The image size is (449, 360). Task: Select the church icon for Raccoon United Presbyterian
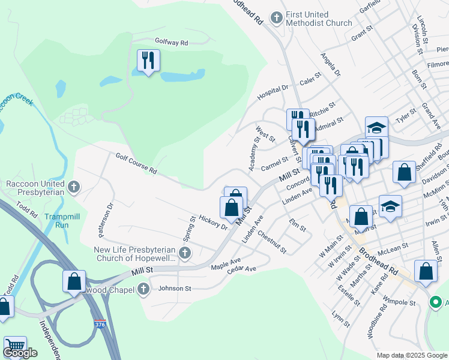tap(74, 187)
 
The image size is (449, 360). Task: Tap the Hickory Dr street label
tap(213, 222)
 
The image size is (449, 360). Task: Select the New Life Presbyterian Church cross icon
tap(185, 253)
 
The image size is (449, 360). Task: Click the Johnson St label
tap(174, 289)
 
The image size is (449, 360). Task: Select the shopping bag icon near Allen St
tap(426, 271)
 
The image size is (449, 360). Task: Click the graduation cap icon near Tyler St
tap(376, 127)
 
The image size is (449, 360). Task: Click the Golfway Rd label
tap(171, 43)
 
